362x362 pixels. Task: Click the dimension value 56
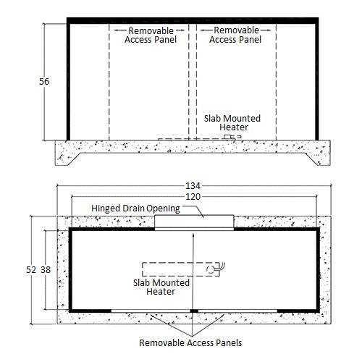44,82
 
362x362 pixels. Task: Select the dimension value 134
193,186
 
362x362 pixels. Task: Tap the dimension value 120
193,197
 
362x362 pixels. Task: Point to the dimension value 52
31,269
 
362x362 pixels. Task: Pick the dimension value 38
46,269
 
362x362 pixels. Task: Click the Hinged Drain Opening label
135,209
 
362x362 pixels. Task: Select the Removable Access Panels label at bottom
190,342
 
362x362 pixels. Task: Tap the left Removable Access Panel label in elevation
151,35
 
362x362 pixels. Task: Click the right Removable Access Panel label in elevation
235,35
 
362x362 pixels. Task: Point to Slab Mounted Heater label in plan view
161,287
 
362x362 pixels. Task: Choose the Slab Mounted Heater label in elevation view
232,122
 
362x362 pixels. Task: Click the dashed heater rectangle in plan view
181,263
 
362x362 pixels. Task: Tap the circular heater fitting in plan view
210,269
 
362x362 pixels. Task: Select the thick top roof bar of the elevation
193,20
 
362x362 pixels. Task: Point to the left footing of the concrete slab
68,159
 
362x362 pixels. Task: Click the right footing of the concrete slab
318,159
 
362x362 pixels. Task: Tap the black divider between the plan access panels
194,311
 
